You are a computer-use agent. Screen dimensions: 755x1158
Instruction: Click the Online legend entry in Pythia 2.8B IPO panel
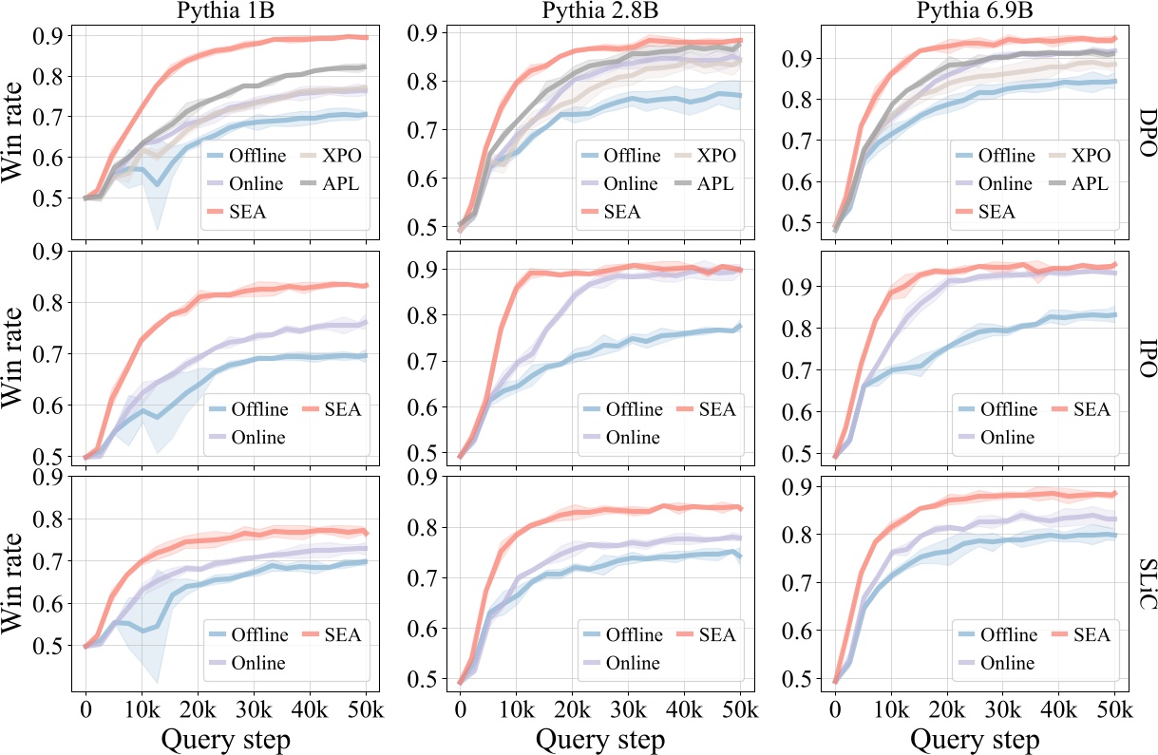(x=633, y=437)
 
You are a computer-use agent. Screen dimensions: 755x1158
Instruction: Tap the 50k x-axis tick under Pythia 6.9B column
(x=1114, y=708)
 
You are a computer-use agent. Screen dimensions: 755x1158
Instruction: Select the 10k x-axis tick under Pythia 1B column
(x=142, y=708)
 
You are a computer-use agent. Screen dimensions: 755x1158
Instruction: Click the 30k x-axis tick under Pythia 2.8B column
(x=628, y=708)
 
